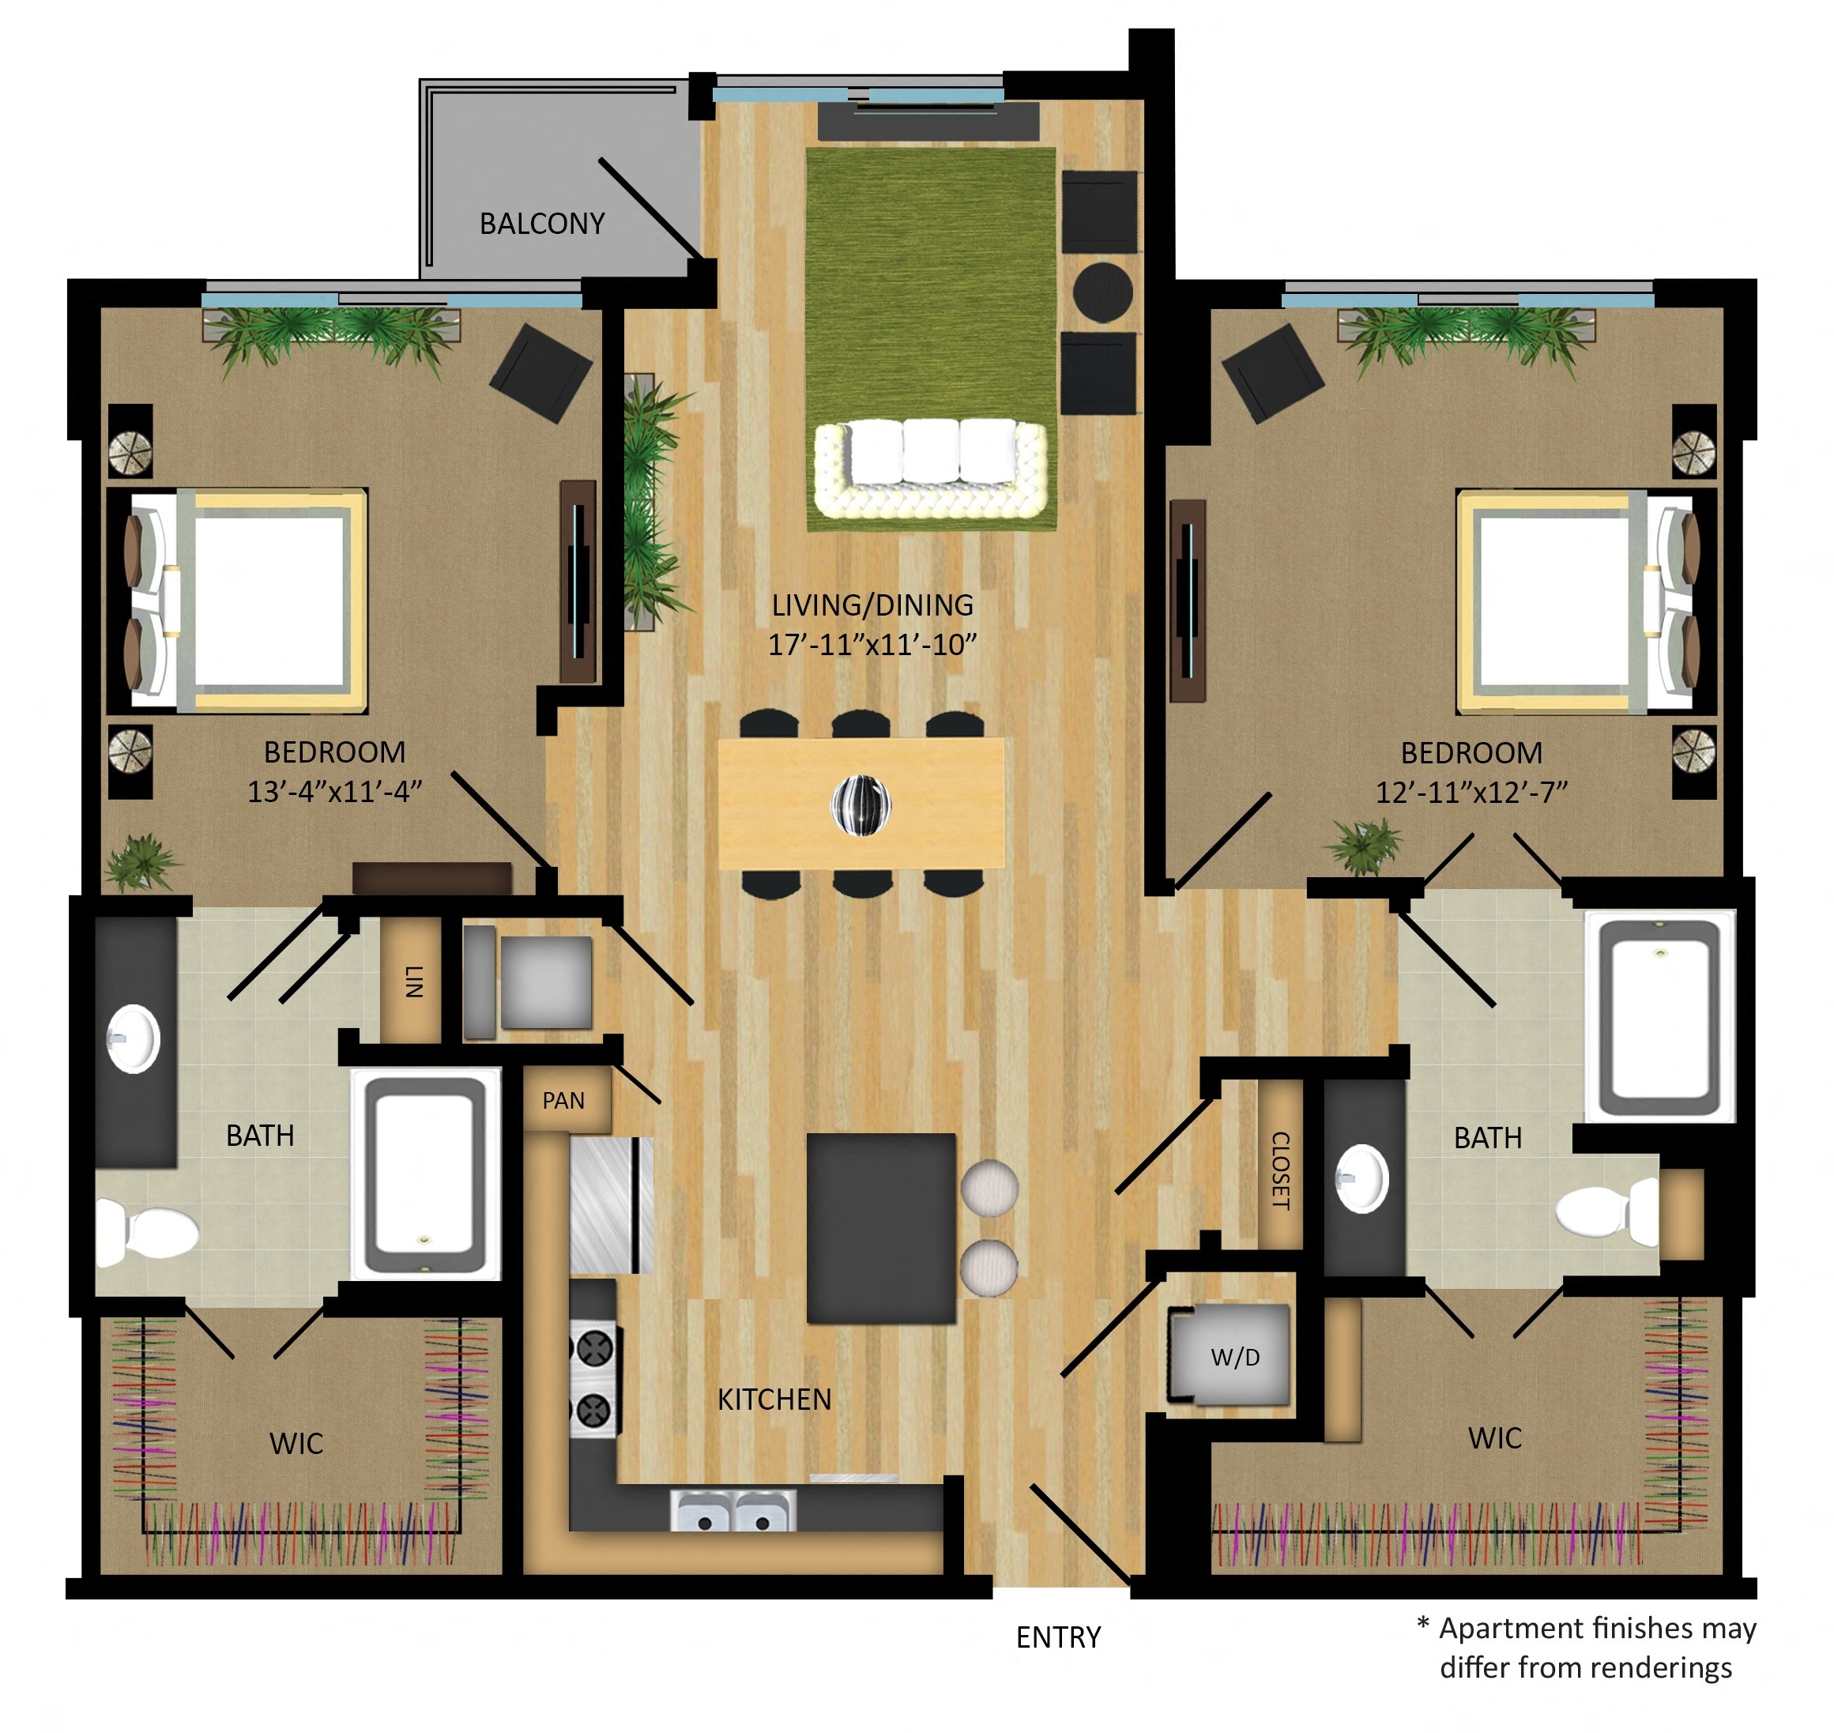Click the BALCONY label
click(542, 224)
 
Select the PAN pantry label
click(563, 1100)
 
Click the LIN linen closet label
click(415, 981)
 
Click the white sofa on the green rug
click(931, 469)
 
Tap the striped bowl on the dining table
click(861, 804)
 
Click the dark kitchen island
click(881, 1229)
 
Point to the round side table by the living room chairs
click(1102, 292)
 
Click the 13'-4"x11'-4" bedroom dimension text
click(334, 792)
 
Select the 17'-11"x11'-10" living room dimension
click(872, 645)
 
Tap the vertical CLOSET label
click(1281, 1170)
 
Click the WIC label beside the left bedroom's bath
click(296, 1444)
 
